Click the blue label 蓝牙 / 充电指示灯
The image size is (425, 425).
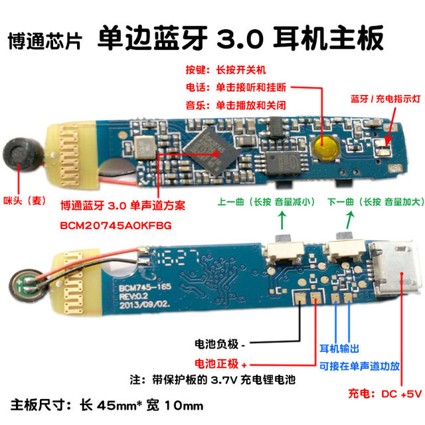pos(386,98)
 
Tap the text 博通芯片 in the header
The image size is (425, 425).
pos(45,41)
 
